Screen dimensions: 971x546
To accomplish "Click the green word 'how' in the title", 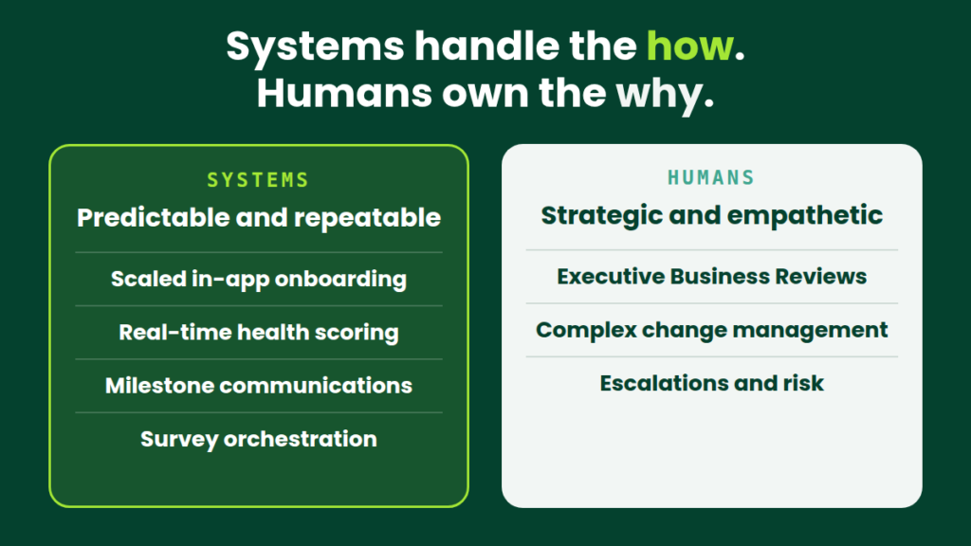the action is [690, 45].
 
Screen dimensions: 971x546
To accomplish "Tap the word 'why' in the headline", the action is [660, 94].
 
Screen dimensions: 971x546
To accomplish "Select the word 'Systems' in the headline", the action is [315, 47].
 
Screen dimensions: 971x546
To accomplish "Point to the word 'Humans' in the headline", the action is [344, 93].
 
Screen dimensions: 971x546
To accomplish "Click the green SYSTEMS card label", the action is [258, 180].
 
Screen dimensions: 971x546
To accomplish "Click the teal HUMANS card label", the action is [711, 178].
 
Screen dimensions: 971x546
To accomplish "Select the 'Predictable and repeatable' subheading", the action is [259, 218].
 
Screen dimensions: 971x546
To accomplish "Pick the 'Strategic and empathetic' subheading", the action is [712, 216].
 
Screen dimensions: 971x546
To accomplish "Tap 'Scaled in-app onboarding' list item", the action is [259, 280].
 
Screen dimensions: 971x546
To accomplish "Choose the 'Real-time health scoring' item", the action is [259, 333].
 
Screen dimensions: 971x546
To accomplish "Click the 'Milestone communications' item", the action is [259, 386].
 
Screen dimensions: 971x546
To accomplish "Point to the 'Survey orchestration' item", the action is [259, 439].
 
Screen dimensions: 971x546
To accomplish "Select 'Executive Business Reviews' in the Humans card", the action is [712, 277].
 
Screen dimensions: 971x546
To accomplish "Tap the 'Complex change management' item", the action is [712, 330].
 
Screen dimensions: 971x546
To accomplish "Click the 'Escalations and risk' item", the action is [712, 383].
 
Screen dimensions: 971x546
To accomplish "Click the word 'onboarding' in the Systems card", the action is [340, 280].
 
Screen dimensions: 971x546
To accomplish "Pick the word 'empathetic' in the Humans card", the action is [805, 216].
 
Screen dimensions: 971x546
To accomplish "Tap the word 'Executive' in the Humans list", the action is [611, 277].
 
